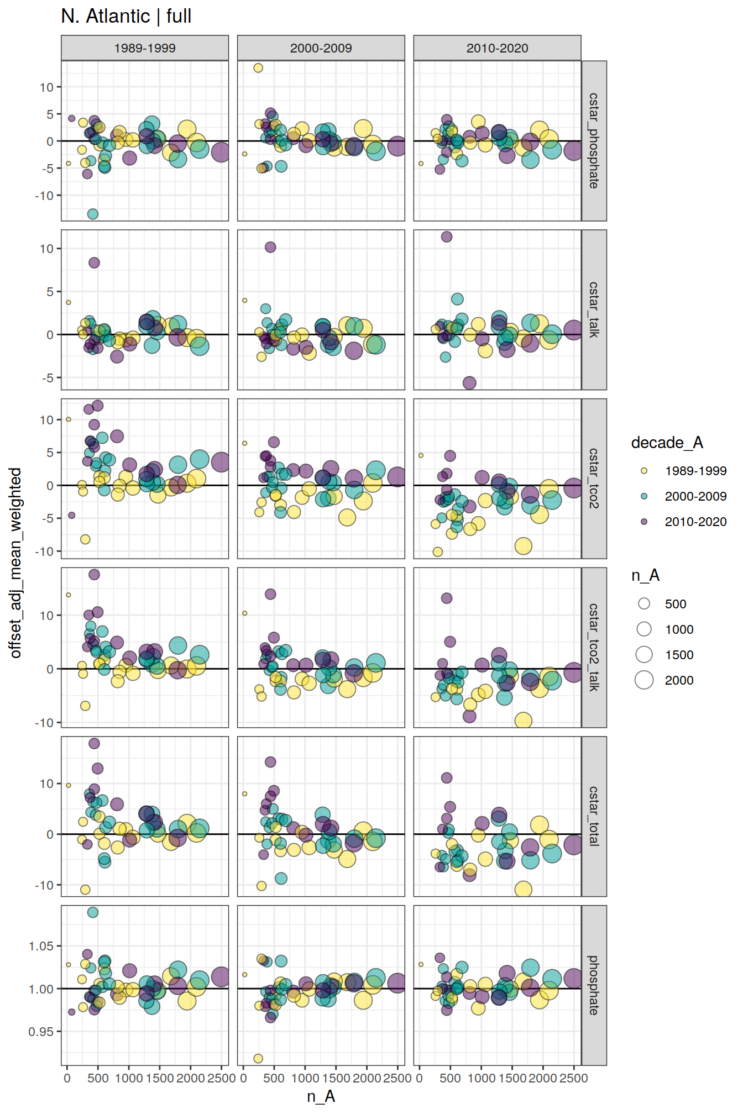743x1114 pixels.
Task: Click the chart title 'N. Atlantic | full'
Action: pos(126,17)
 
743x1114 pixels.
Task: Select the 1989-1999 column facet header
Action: pos(145,48)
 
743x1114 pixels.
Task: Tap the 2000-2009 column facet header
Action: pos(321,48)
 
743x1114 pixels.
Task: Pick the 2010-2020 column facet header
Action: pos(497,48)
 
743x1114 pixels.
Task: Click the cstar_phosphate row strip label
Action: pos(594,141)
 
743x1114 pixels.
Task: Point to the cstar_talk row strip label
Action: pos(594,309)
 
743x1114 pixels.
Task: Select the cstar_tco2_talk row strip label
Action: pos(594,647)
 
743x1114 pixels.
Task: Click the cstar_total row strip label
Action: pos(594,816)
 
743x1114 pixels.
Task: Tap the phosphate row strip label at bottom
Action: pos(594,985)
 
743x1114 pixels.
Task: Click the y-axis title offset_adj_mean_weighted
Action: pos(15,563)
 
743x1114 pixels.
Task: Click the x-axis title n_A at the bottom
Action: pos(321,1096)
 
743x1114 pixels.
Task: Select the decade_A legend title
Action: pos(667,443)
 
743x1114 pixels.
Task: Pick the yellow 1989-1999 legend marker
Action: pos(644,471)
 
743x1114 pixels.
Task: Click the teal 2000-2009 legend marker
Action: pos(644,496)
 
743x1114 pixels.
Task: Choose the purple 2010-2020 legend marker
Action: pos(644,522)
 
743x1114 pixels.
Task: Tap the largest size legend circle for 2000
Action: pos(644,680)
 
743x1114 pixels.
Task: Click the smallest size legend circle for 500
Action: pos(644,604)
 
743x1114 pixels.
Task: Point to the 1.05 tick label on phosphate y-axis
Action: pos(41,947)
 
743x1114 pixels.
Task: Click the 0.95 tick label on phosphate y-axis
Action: pos(41,1032)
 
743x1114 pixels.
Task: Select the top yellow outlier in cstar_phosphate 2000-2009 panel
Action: pos(258,68)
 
